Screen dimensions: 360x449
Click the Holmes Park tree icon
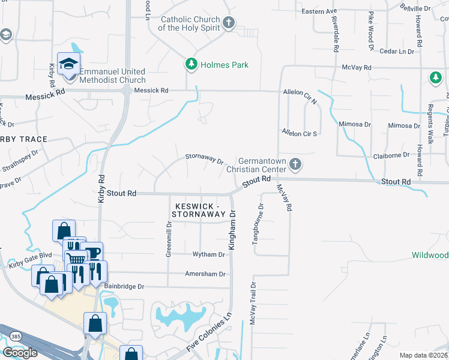(x=191, y=65)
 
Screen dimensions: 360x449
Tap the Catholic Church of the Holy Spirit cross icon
(x=228, y=23)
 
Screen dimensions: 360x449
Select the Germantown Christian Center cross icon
(x=295, y=164)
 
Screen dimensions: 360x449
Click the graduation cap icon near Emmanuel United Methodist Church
(x=69, y=63)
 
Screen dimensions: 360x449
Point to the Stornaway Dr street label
(x=204, y=161)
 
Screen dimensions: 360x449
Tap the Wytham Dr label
(x=208, y=254)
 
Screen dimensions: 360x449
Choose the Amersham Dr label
(x=205, y=274)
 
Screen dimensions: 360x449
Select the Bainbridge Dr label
(x=124, y=287)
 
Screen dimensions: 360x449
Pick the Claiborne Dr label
(x=391, y=154)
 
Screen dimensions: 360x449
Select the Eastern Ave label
(x=319, y=11)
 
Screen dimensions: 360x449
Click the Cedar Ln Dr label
(x=397, y=52)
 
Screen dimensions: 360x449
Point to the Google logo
(x=20, y=353)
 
